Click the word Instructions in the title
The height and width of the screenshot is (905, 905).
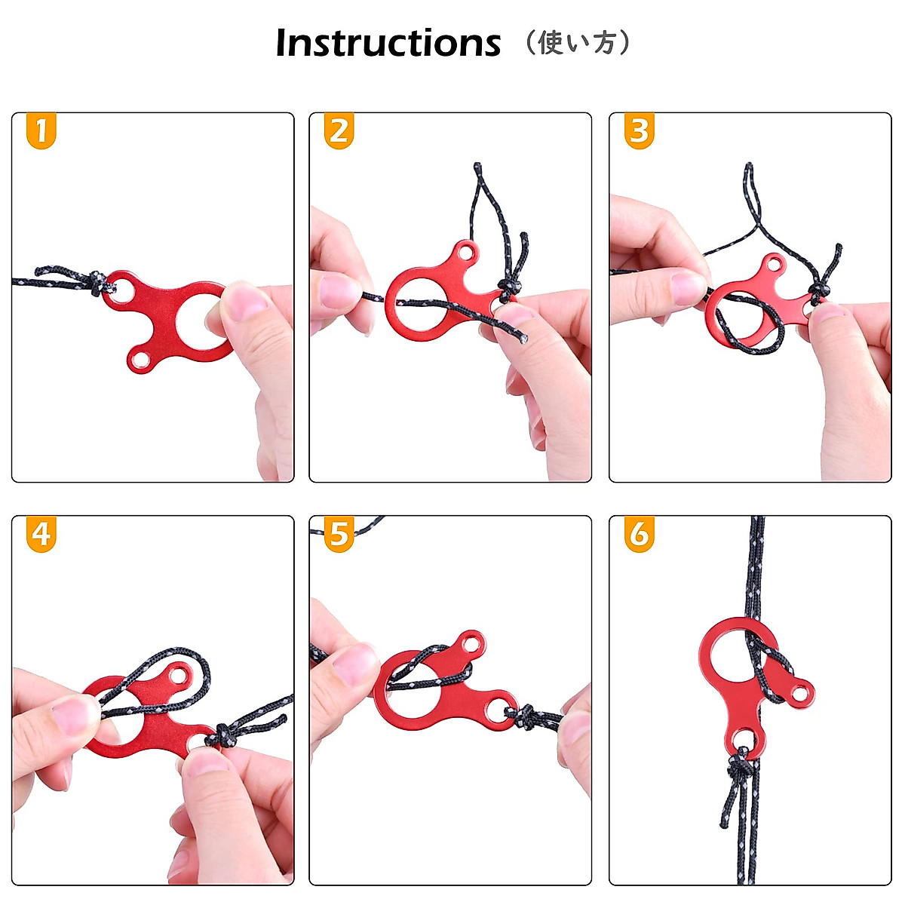388,43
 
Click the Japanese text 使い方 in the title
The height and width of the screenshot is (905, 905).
578,43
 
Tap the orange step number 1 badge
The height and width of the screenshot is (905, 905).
41,131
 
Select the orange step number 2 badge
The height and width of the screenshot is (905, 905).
339,131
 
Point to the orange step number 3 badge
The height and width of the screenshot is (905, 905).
639,131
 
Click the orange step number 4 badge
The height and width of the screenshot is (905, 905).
41,534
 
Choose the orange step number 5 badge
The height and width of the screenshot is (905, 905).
339,534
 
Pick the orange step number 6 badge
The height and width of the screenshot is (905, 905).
639,534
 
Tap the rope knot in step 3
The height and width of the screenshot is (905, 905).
818,290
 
